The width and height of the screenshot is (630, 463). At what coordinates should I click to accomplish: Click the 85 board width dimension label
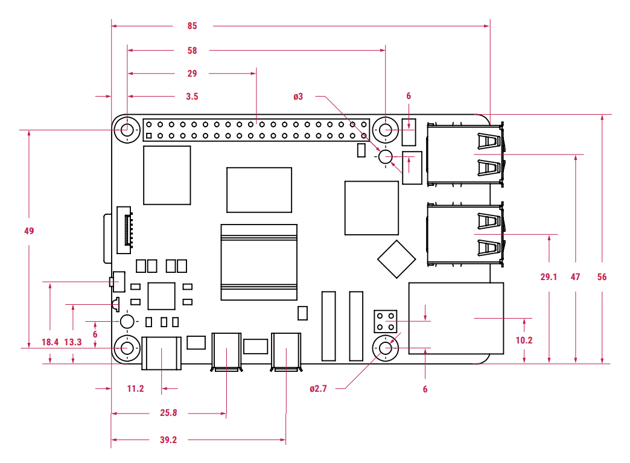[x=192, y=26]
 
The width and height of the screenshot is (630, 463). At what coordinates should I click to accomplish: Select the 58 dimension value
[x=192, y=51]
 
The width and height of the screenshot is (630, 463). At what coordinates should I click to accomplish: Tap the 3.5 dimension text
[x=192, y=97]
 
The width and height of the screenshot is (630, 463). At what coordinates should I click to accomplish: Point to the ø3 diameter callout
[x=298, y=97]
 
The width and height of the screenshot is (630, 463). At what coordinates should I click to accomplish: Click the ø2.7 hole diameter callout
[x=318, y=389]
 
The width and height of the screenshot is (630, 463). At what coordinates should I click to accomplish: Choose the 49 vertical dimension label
[x=29, y=231]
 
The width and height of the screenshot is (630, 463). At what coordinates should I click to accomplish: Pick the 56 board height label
[x=602, y=277]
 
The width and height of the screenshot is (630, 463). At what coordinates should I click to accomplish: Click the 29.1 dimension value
[x=549, y=277]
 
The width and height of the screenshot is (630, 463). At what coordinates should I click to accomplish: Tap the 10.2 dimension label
[x=524, y=340]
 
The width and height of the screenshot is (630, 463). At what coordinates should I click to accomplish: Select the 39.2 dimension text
[x=168, y=440]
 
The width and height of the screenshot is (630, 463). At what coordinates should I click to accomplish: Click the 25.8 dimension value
[x=168, y=413]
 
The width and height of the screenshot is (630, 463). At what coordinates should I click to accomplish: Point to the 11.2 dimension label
[x=135, y=389]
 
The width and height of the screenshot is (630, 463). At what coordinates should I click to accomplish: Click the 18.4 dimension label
[x=50, y=342]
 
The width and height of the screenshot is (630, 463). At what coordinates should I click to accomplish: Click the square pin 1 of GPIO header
[x=149, y=136]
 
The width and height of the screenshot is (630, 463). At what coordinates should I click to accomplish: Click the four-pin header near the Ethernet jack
[x=386, y=322]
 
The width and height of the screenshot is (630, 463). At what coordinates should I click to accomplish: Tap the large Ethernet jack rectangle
[x=456, y=318]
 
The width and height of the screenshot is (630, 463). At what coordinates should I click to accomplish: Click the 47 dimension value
[x=575, y=277]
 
